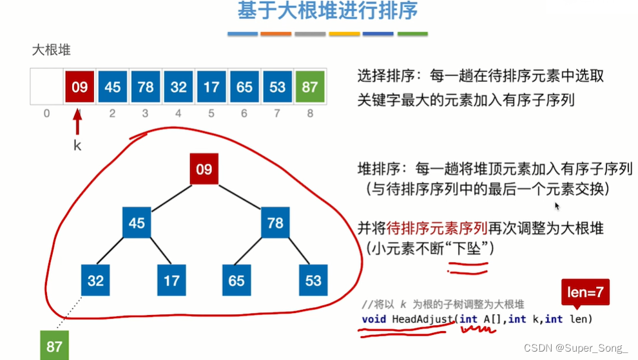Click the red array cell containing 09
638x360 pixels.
point(80,86)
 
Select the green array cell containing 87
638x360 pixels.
point(311,86)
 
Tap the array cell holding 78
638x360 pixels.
point(146,86)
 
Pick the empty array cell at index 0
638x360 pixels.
point(46,86)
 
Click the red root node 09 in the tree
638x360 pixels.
point(204,169)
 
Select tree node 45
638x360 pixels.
point(136,223)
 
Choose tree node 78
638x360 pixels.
point(275,223)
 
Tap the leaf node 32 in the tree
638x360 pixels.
point(95,281)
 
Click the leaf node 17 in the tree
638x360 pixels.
point(171,281)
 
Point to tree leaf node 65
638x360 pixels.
point(237,281)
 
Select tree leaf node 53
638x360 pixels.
point(313,281)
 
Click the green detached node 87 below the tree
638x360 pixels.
point(54,346)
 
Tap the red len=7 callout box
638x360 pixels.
point(585,292)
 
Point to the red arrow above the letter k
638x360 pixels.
point(78,122)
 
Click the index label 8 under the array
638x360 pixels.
point(311,114)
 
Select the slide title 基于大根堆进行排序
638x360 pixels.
point(327,11)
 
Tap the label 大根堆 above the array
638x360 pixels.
point(51,50)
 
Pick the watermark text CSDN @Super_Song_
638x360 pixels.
point(575,348)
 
